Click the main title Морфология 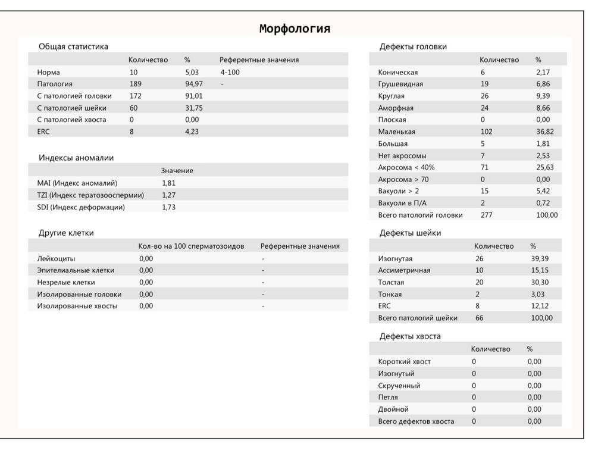[x=295, y=29]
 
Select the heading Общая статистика [x=73, y=46]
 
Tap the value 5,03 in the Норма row [x=193, y=72]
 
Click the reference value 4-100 [x=230, y=72]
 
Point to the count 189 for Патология [x=136, y=84]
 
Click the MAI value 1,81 [x=168, y=183]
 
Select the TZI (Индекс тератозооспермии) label [x=90, y=195]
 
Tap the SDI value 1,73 [x=168, y=207]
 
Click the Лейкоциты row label [x=56, y=258]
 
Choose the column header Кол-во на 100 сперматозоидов [x=191, y=246]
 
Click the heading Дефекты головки [x=413, y=46]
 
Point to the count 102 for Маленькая [x=486, y=132]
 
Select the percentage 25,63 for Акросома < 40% [x=544, y=167]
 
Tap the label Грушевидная [x=400, y=84]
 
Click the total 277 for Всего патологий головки [x=486, y=215]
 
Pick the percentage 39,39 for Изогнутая [x=539, y=258]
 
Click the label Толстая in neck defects [x=391, y=282]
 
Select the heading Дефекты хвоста [x=410, y=336]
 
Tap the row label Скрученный [x=399, y=385]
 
